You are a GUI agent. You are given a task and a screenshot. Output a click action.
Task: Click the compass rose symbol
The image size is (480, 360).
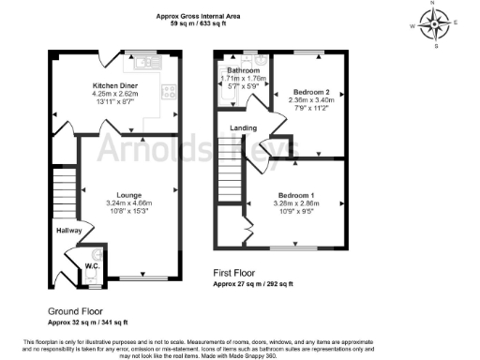pos(432,22)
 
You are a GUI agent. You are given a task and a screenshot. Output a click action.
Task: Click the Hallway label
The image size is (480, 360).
pos(69,230)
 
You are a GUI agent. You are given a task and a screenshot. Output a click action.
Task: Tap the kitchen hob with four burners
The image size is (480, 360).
pos(171,92)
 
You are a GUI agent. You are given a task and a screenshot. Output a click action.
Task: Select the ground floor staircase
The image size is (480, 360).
pos(63,192)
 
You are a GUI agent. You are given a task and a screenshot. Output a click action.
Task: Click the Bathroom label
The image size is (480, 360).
pos(241,70)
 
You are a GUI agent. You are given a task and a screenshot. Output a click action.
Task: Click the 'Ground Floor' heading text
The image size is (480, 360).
pos(76,310)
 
